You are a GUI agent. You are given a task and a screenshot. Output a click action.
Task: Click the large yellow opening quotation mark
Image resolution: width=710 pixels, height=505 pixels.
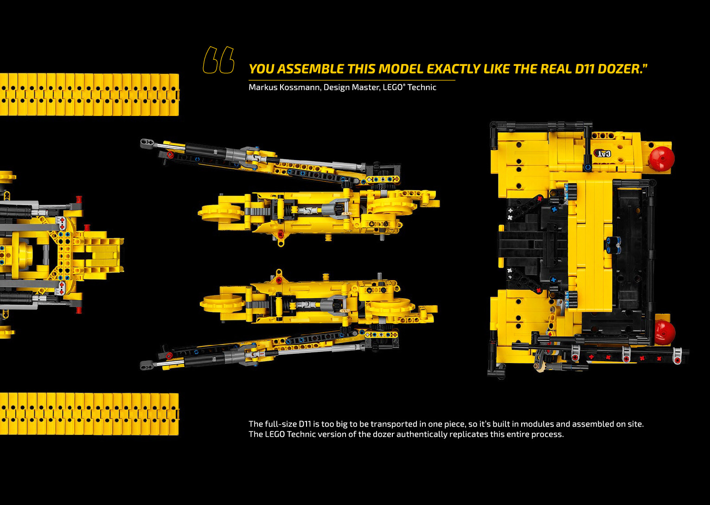[x=218, y=60]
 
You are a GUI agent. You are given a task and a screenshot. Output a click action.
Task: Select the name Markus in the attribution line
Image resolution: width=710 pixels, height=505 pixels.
[x=262, y=87]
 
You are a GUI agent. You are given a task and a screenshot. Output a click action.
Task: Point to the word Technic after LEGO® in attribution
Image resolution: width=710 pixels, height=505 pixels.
[x=422, y=87]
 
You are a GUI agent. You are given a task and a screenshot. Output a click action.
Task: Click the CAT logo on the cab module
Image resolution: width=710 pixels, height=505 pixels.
[x=602, y=153]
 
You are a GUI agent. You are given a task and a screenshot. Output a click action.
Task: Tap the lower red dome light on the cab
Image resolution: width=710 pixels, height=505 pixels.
[x=664, y=332]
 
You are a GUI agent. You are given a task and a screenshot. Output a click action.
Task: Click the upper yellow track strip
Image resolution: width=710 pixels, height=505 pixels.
[x=89, y=95]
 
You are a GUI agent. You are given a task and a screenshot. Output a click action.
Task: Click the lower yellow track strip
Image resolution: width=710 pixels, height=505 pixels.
[x=89, y=414]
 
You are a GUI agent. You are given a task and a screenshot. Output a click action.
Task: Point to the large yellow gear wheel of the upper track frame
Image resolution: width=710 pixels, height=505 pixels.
[x=221, y=213]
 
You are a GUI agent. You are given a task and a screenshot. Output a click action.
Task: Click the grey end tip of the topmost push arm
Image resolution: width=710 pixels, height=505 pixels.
[x=147, y=143]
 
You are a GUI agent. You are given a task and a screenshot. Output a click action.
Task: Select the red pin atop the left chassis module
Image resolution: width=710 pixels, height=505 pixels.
[x=78, y=199]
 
